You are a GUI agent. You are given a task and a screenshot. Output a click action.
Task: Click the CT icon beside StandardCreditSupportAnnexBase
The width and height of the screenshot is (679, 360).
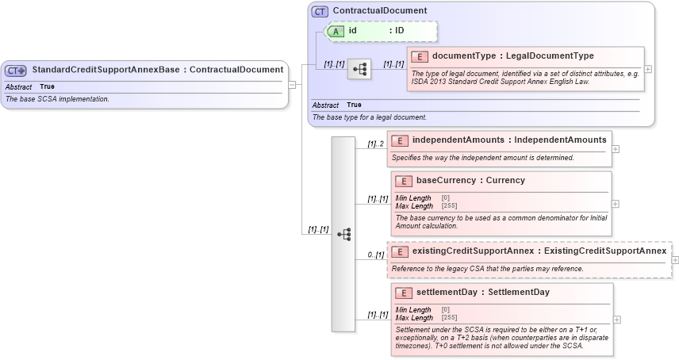click(x=17, y=70)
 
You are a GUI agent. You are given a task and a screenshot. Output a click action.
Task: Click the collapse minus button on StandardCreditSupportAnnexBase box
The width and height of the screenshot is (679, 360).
click(x=292, y=84)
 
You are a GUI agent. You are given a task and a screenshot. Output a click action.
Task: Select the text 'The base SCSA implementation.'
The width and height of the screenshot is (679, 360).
click(x=57, y=99)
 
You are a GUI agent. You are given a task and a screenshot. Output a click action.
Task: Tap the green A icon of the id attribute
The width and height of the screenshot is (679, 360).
click(x=336, y=31)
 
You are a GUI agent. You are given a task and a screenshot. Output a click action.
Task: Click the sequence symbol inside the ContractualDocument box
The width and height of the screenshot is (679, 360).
click(x=359, y=70)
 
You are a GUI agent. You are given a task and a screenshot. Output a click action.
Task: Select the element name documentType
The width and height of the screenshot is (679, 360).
click(x=464, y=56)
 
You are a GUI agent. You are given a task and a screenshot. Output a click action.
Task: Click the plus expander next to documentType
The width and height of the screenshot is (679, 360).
click(x=648, y=69)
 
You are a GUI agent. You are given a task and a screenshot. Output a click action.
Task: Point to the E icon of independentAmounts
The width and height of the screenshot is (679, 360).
click(x=401, y=140)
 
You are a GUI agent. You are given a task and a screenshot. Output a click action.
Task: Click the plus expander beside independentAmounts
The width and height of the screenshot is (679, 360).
click(x=616, y=148)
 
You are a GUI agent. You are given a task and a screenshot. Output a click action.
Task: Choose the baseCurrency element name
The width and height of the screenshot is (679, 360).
click(x=447, y=181)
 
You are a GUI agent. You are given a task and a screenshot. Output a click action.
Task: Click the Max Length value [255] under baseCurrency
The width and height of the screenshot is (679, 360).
click(x=450, y=206)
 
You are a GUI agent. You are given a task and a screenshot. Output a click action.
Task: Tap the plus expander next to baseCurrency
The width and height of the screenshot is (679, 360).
click(x=616, y=204)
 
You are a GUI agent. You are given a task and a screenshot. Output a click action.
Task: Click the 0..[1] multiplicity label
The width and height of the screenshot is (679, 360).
click(x=375, y=255)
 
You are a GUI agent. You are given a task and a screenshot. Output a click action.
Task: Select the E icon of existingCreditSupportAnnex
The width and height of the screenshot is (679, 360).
click(x=401, y=251)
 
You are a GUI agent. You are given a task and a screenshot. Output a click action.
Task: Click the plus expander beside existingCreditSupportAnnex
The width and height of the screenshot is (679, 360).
click(x=675, y=259)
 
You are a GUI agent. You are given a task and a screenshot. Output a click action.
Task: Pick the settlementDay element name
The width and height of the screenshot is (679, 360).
click(x=450, y=293)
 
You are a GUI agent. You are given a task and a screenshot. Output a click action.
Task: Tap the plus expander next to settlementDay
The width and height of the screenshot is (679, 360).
click(x=616, y=320)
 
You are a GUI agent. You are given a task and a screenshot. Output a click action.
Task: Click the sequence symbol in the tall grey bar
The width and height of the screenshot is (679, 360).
click(x=343, y=234)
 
